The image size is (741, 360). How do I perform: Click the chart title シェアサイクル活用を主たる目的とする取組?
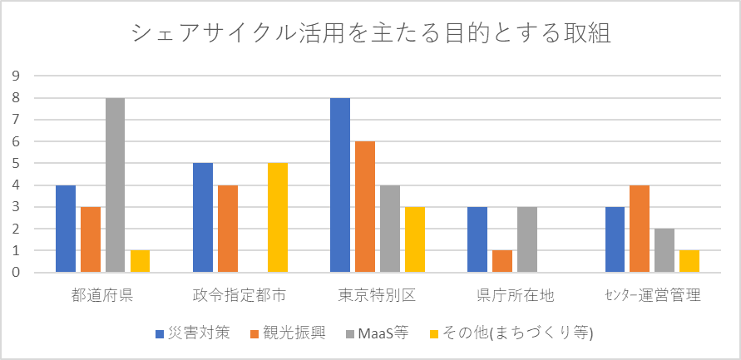371,34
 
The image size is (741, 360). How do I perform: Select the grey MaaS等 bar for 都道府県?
115,185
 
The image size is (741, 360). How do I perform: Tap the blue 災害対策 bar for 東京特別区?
339,185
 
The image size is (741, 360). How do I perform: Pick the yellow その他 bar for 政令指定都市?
277,217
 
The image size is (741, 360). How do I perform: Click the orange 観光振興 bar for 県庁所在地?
501,261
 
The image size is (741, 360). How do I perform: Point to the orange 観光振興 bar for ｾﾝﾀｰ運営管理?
639,229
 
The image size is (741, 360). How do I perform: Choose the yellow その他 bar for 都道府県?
140,261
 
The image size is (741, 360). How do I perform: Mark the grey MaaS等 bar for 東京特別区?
389,229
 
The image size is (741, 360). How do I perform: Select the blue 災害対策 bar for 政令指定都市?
202,217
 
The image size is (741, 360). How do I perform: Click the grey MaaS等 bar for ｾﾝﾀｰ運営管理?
664,250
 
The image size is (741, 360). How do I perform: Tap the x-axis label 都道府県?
102,295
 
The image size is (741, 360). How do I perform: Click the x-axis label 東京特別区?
377,295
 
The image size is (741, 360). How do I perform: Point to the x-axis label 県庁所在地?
514,295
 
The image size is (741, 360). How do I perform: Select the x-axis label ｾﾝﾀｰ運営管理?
651,295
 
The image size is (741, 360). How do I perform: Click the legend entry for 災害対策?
196,334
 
